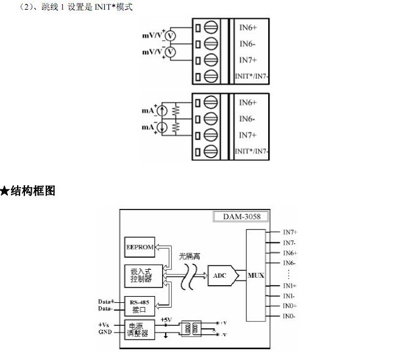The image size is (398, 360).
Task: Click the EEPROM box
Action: coord(140,247)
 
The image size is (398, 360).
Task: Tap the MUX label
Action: coord(255,275)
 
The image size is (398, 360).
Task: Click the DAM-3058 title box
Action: coord(241,216)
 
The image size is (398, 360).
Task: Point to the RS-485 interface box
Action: coord(140,304)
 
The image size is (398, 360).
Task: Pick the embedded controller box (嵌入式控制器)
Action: coord(140,275)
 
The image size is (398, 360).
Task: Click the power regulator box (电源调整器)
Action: coord(140,329)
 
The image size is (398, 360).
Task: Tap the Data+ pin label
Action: coord(106,301)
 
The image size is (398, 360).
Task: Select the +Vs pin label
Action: coord(104,325)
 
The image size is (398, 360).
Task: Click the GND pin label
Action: coord(105,333)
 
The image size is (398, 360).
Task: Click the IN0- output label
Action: coord(290,316)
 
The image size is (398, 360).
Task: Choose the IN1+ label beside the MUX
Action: coord(290,286)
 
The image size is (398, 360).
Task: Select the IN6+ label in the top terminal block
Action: coord(247,28)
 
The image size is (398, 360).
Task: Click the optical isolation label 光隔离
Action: coord(190,257)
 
